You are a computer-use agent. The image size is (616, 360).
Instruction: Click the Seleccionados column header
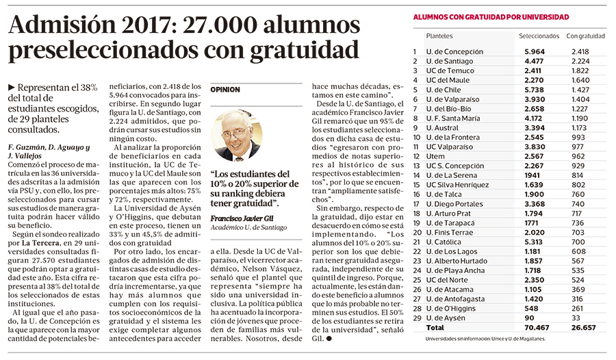pyautogui.click(x=539, y=36)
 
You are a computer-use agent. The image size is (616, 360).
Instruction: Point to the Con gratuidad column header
pyautogui.click(x=586, y=36)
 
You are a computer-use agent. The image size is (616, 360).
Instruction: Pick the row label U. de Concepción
pyautogui.click(x=454, y=51)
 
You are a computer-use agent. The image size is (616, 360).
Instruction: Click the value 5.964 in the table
pyautogui.click(x=535, y=51)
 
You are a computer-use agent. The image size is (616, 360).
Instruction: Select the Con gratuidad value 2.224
pyautogui.click(x=579, y=61)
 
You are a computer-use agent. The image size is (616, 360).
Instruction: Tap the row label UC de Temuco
pyautogui.click(x=450, y=70)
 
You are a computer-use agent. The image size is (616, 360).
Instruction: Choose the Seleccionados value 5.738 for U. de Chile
pyautogui.click(x=535, y=90)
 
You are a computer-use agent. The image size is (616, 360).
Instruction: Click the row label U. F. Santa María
pyautogui.click(x=453, y=118)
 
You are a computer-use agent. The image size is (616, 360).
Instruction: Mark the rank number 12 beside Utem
pyautogui.click(x=415, y=156)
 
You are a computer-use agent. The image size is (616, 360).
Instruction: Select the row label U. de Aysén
pyautogui.click(x=446, y=318)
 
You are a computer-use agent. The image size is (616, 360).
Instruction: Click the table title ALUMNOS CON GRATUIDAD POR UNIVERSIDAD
pyautogui.click(x=491, y=16)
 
